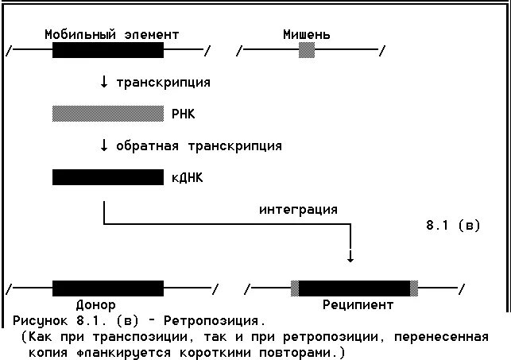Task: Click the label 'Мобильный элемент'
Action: (111, 35)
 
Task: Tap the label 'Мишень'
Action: (307, 35)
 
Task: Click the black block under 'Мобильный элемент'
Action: (107, 51)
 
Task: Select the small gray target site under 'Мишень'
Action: (307, 51)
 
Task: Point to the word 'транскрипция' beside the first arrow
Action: (163, 83)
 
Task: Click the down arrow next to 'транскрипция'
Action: (104, 83)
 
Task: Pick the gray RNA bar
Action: (107, 114)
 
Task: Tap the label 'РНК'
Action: (183, 114)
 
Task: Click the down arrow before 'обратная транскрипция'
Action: (104, 146)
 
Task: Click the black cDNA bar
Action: (107, 177)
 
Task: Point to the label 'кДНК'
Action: (187, 178)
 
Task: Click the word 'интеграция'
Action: (298, 210)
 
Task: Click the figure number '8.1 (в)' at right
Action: (453, 226)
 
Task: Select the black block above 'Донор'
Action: (107, 288)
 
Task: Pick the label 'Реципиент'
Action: (358, 304)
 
